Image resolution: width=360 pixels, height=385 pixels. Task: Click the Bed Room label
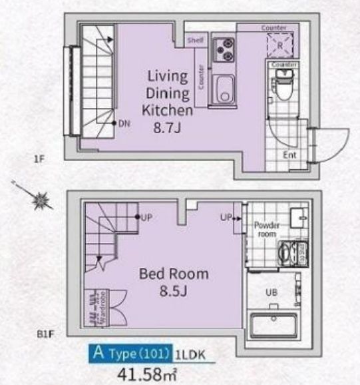(174, 273)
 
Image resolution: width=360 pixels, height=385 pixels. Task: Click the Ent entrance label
(289, 155)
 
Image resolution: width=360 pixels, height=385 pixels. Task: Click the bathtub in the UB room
(274, 327)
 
